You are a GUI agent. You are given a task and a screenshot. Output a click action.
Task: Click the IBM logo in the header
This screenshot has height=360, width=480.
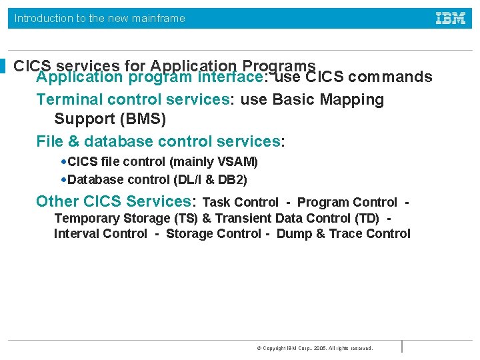[x=451, y=19]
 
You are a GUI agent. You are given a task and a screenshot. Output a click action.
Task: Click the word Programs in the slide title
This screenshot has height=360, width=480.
[x=279, y=65]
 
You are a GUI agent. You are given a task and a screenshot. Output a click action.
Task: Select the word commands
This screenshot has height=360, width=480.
[x=390, y=77]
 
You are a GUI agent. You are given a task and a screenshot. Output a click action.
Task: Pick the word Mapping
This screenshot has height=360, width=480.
[x=352, y=100]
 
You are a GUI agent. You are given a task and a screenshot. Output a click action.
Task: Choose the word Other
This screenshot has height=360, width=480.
[x=57, y=201]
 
